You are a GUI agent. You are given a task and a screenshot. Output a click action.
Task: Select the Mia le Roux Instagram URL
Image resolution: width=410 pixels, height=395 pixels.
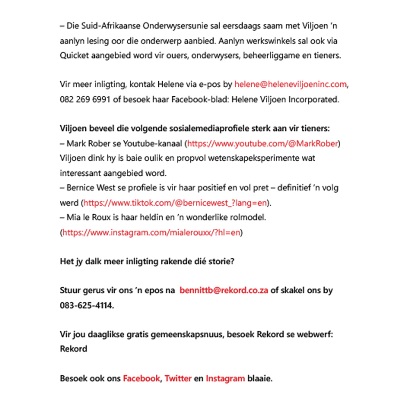[x=151, y=233]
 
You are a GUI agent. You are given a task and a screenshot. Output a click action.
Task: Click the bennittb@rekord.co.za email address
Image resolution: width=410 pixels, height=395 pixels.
[x=224, y=291]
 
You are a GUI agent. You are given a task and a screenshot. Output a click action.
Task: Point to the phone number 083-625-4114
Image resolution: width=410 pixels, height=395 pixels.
[x=86, y=306]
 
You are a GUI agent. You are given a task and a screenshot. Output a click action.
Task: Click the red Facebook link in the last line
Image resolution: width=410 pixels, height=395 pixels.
[x=141, y=379]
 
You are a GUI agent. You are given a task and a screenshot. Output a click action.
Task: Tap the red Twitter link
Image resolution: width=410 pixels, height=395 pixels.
[x=178, y=379]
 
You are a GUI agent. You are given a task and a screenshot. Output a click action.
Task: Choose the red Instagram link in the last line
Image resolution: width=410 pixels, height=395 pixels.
[x=225, y=379]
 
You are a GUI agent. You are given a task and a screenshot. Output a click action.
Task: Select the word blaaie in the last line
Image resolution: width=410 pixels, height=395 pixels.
[x=259, y=379]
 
